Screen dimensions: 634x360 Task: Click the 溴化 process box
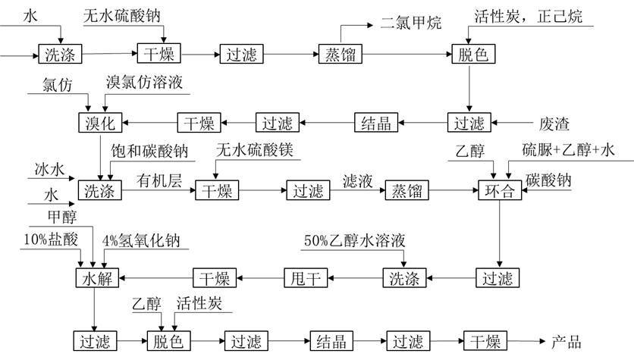click(x=100, y=123)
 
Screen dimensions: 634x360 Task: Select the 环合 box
click(x=500, y=190)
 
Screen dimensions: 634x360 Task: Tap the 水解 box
click(x=97, y=278)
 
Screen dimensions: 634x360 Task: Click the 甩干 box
click(x=306, y=278)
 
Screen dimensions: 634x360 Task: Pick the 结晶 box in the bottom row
click(x=331, y=341)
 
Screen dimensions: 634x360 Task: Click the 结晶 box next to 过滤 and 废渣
click(x=376, y=123)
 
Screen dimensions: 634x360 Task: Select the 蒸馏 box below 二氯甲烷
click(x=340, y=54)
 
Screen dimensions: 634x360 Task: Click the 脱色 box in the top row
click(x=473, y=54)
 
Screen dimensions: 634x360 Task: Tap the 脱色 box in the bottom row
click(x=168, y=341)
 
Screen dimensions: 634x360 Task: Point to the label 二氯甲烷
click(x=411, y=23)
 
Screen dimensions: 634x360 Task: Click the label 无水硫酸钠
click(x=121, y=16)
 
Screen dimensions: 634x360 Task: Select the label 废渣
click(x=554, y=124)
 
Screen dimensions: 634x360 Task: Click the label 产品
click(x=567, y=342)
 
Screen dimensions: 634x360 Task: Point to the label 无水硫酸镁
click(x=255, y=150)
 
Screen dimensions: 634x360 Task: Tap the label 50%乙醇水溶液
click(x=355, y=240)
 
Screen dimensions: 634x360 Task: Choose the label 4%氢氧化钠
click(x=141, y=241)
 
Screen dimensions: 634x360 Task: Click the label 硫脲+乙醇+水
click(x=568, y=150)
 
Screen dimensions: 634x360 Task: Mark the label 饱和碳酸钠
click(x=149, y=151)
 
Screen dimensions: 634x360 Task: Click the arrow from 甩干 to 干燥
click(x=260, y=278)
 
